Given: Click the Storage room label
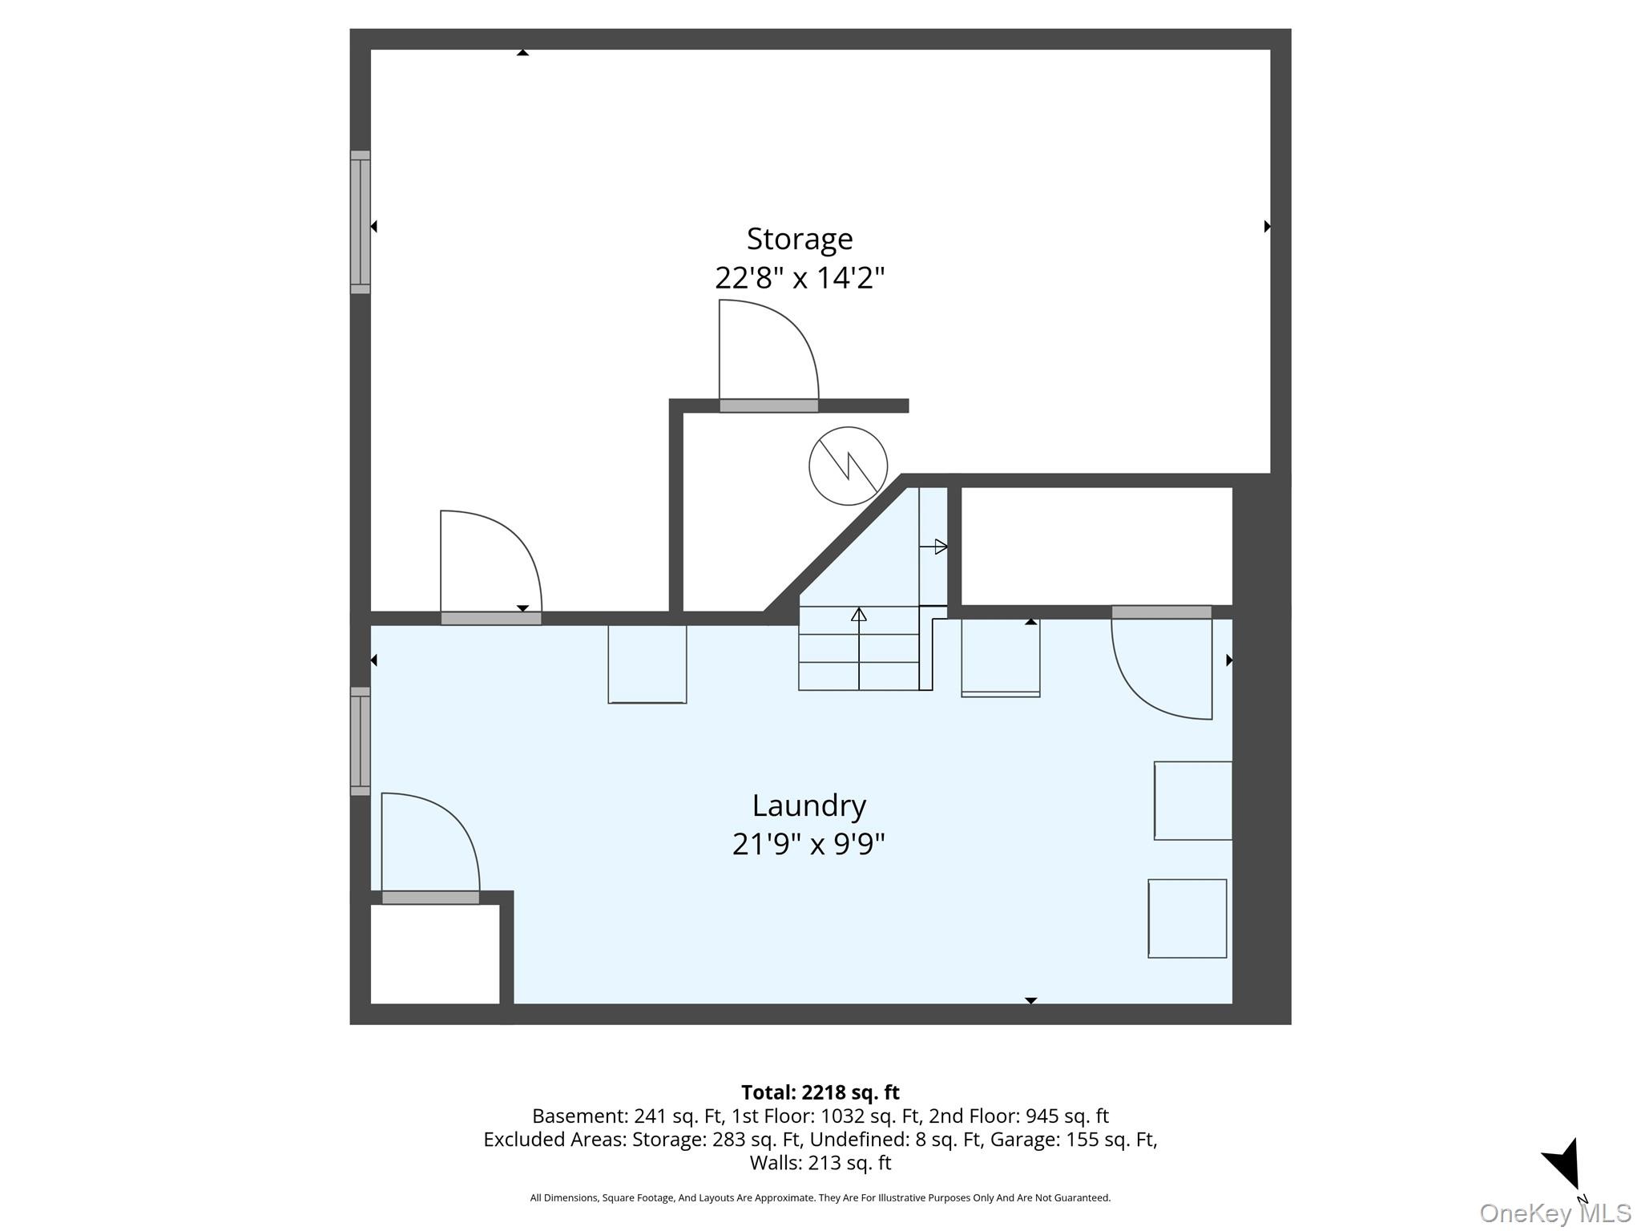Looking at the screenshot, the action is (x=800, y=240).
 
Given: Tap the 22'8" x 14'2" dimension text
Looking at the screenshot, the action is (x=800, y=278).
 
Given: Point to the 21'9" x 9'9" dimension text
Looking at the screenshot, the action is (x=808, y=844).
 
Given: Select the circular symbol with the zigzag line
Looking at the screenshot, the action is (x=848, y=466).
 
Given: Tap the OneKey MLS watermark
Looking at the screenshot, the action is (x=1555, y=1213).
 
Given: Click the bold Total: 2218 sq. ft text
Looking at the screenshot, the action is (x=820, y=1092).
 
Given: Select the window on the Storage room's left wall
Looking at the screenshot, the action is (x=361, y=222).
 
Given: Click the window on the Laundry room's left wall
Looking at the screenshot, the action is (x=361, y=741).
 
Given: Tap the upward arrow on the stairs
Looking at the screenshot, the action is (x=859, y=648).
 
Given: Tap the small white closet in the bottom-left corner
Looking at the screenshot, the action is (x=435, y=954).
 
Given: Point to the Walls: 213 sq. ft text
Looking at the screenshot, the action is (x=820, y=1162).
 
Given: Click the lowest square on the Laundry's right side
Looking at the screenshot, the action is (x=1187, y=918).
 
